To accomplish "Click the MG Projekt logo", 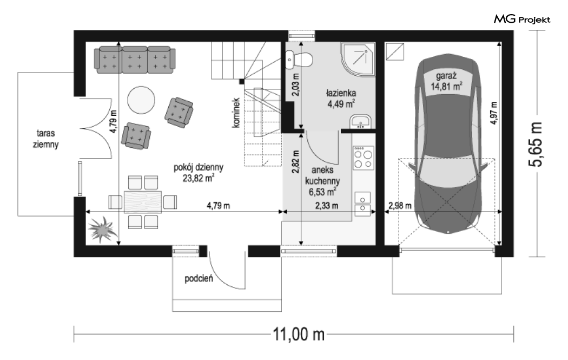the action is pyautogui.click(x=522, y=19).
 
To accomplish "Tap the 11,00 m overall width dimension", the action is pyautogui.click(x=299, y=334).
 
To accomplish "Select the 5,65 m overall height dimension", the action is pyautogui.click(x=536, y=144).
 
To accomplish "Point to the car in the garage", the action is pyautogui.click(x=448, y=143).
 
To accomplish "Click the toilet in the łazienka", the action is pyautogui.click(x=299, y=60).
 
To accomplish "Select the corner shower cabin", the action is pyautogui.click(x=358, y=60).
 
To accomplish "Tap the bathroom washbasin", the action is pyautogui.click(x=360, y=122).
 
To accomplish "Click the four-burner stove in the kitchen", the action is pyautogui.click(x=364, y=158).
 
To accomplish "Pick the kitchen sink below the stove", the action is pyautogui.click(x=362, y=204).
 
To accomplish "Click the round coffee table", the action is pyautogui.click(x=141, y=100).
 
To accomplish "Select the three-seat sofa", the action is pyautogui.click(x=135, y=60).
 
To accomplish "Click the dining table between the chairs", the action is pyautogui.click(x=143, y=202).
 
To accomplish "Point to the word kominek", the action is pyautogui.click(x=236, y=113).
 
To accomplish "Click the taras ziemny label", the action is pyautogui.click(x=45, y=139).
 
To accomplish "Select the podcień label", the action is pyautogui.click(x=199, y=278).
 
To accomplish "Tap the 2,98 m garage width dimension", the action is pyautogui.click(x=400, y=206).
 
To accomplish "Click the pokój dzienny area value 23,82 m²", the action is pyautogui.click(x=199, y=178).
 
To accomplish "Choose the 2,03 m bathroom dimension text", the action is pyautogui.click(x=295, y=85).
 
